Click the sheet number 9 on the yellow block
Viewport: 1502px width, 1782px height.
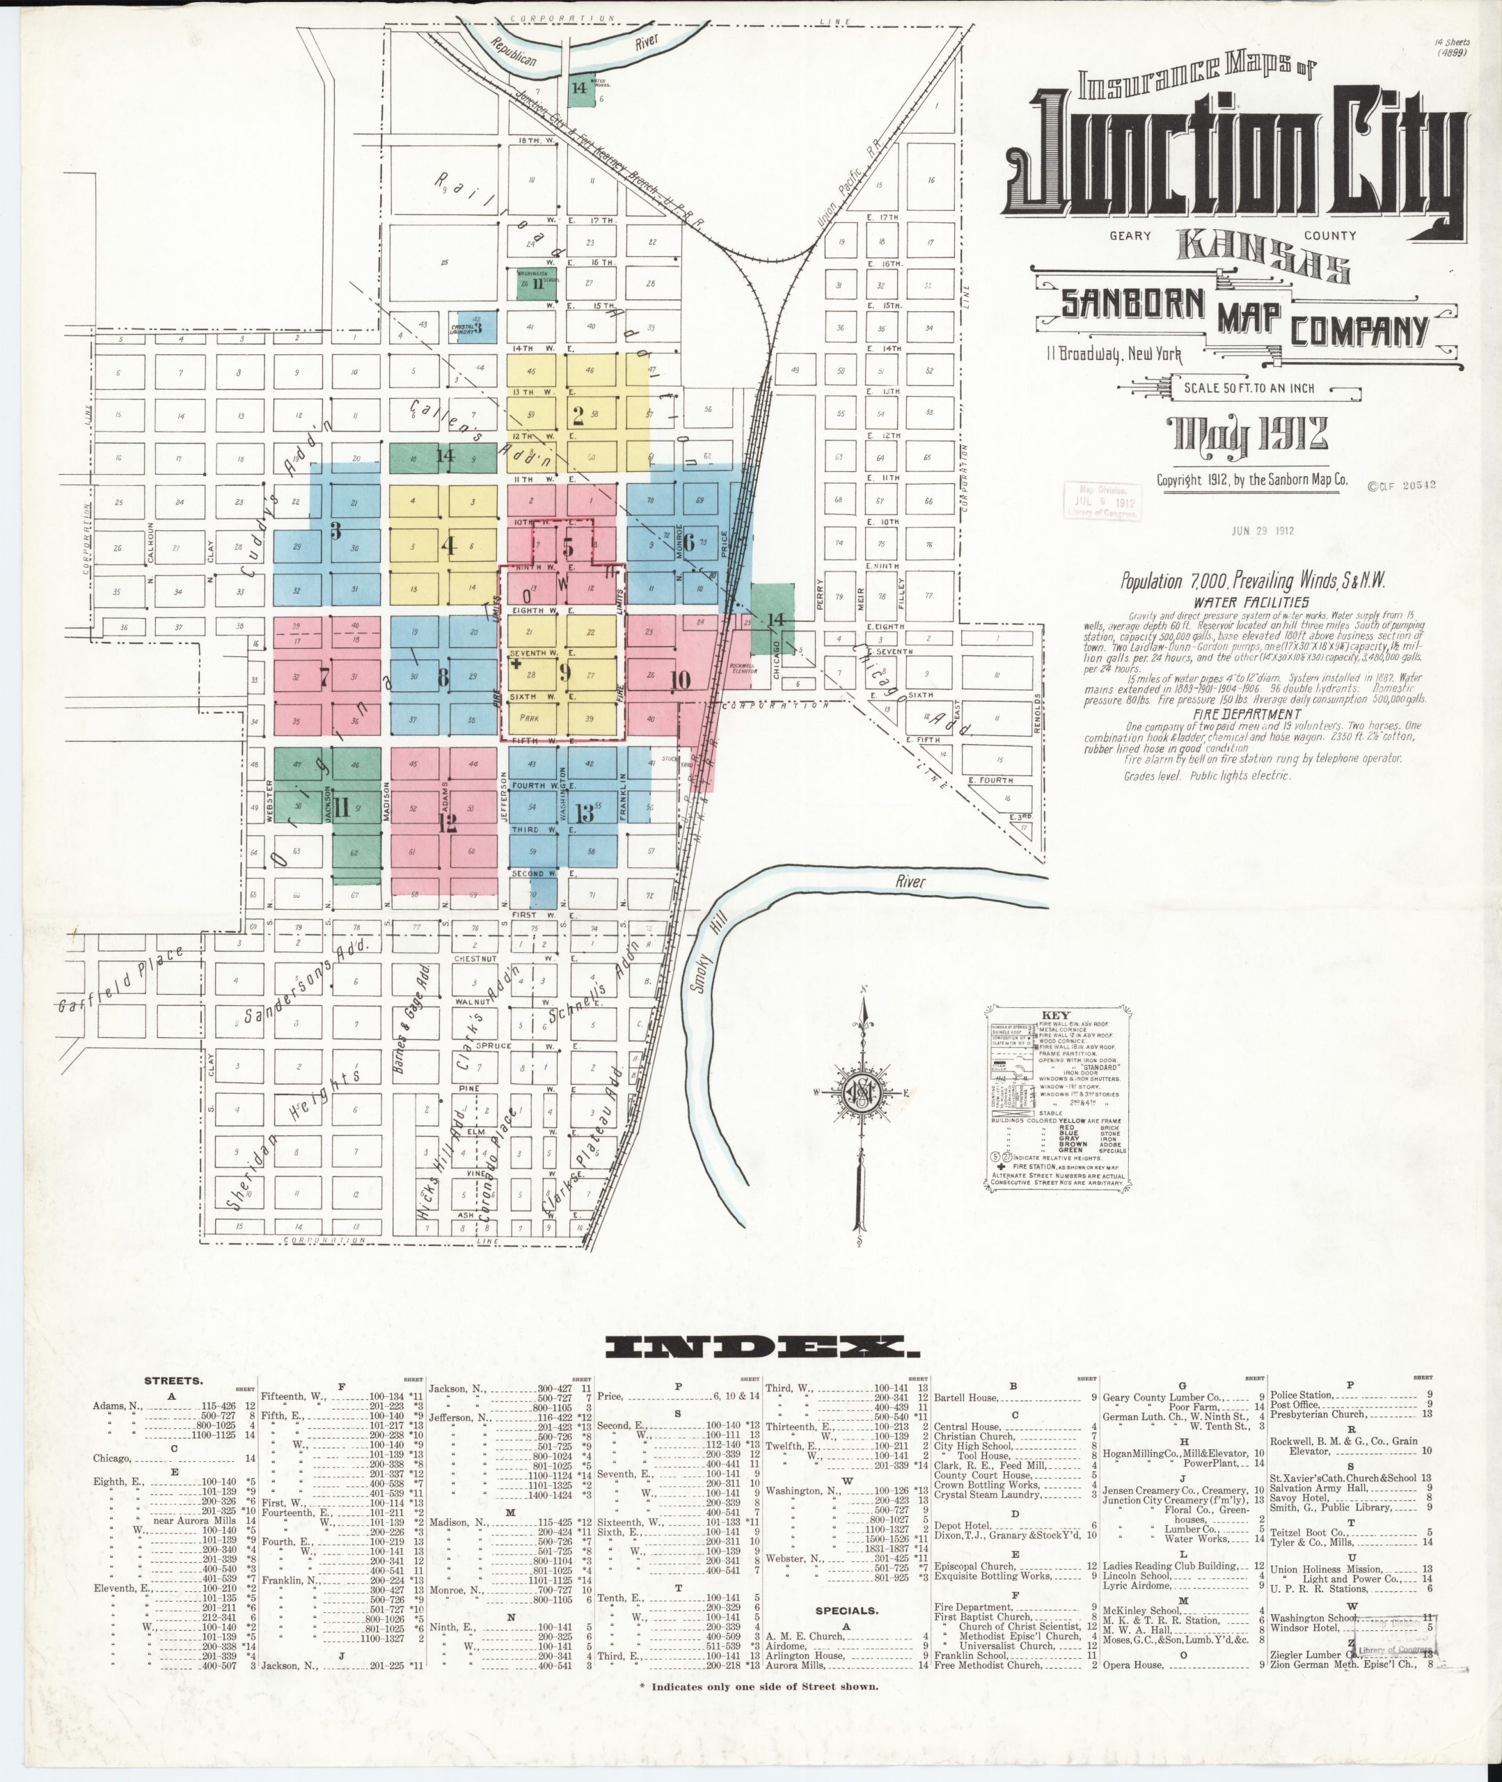564,672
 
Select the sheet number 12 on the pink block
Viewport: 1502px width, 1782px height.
447,823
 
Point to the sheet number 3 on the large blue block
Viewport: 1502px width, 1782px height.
335,531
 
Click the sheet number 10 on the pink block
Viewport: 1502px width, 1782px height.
679,679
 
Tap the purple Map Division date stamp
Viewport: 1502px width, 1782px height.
1102,501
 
